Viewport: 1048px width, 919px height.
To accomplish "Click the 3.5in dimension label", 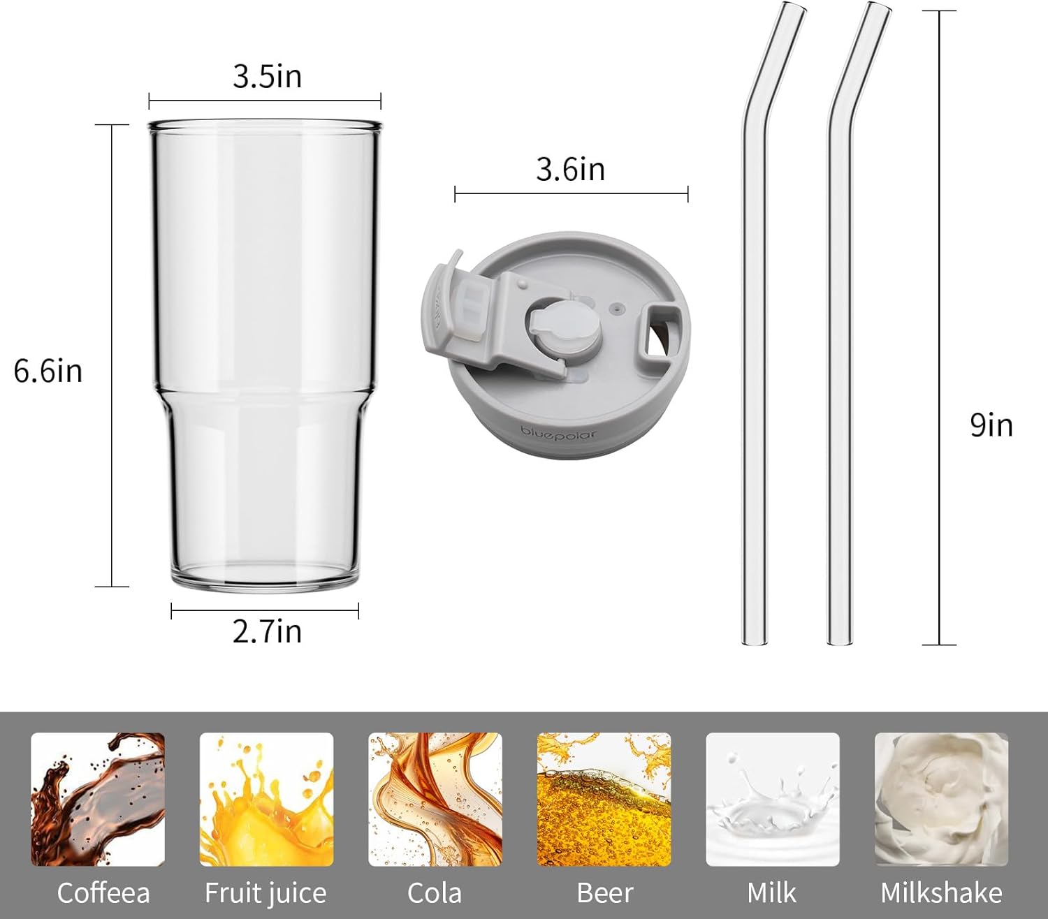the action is coord(267,77).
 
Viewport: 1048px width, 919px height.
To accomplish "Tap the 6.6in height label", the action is coord(48,371).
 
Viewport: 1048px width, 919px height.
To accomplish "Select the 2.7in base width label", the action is coord(267,631).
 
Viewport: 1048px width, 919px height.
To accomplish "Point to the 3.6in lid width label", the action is coord(571,169).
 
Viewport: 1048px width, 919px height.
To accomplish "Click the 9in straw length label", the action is coord(991,425).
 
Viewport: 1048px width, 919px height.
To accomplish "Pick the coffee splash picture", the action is coord(98,799).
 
